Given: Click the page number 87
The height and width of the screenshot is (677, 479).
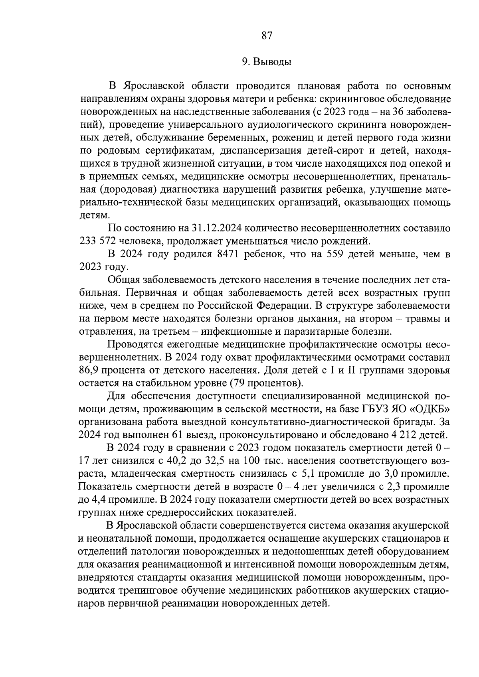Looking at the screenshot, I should point(267,36).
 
